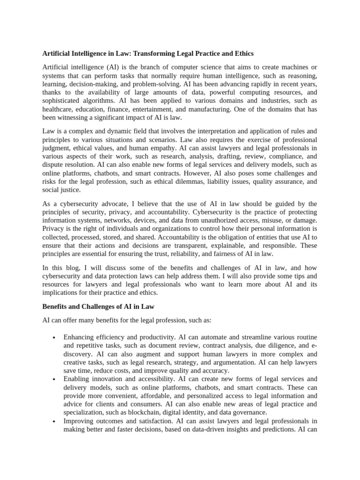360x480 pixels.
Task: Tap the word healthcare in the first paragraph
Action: [x=59, y=109]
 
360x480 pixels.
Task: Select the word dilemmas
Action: [x=187, y=181]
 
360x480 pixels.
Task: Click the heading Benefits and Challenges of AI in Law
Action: [x=98, y=306]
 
